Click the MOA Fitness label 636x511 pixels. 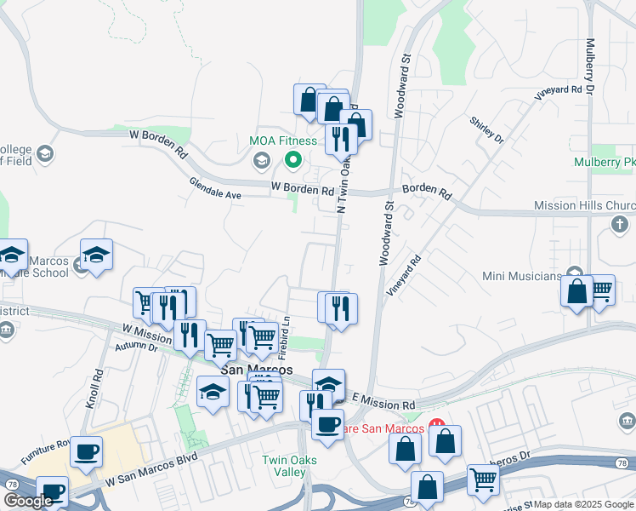point(283,141)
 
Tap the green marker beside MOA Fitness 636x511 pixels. point(293,158)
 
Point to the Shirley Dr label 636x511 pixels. point(486,129)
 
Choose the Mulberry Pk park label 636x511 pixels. point(605,161)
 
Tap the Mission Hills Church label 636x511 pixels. point(584,205)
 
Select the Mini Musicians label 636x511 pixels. point(522,276)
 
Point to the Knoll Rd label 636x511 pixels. point(94,388)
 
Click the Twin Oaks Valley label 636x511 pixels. point(283,466)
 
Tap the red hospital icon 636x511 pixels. point(437,422)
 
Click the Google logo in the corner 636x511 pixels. point(28,501)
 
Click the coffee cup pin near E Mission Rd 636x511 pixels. point(327,423)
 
